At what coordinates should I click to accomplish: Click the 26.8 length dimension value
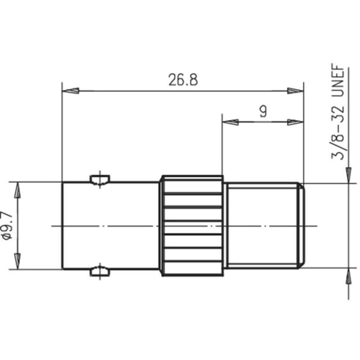(183, 80)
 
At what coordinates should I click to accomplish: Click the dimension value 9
(263, 112)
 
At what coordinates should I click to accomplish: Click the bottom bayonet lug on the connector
(100, 272)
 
